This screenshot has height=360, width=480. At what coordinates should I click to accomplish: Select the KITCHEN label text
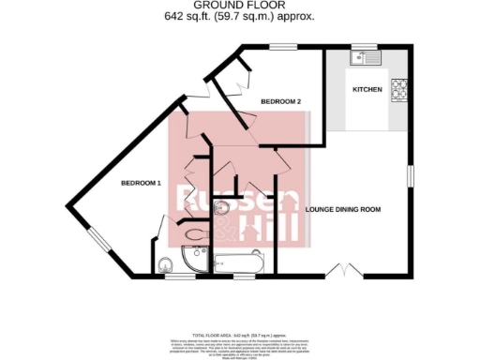367,90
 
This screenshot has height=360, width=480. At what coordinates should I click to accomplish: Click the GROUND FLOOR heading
240,6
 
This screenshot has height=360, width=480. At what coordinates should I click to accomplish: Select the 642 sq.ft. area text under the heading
240,17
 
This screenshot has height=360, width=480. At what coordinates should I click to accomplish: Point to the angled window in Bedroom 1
97,240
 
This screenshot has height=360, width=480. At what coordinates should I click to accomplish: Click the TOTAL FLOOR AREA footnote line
240,334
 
